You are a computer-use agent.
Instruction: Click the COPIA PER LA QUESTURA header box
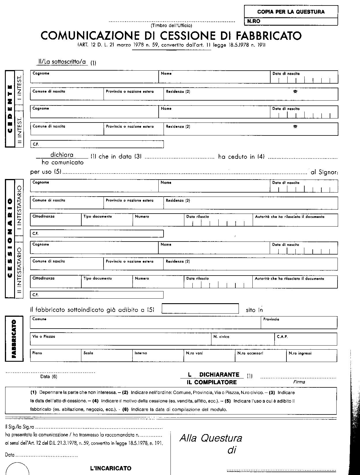pyautogui.click(x=291, y=12)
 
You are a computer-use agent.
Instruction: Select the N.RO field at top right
pyautogui.click(x=291, y=21)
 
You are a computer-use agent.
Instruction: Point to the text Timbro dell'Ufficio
pyautogui.click(x=171, y=26)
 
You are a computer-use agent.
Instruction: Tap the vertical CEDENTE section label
pyautogui.click(x=10, y=109)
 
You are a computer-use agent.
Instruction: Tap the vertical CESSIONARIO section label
pyautogui.click(x=10, y=238)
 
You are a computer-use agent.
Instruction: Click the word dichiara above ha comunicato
pyautogui.click(x=62, y=155)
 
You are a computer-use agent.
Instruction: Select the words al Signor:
pyautogui.click(x=324, y=172)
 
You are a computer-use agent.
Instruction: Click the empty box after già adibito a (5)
pyautogui.click(x=200, y=308)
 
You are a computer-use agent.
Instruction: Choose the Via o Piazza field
pyautogui.click(x=120, y=339)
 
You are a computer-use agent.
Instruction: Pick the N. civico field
pyautogui.click(x=243, y=339)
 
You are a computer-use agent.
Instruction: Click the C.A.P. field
pyautogui.click(x=305, y=339)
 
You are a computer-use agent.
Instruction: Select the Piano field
pyautogui.click(x=56, y=356)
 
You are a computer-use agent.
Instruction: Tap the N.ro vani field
pyautogui.click(x=209, y=356)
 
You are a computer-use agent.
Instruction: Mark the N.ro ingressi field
pyautogui.click(x=312, y=356)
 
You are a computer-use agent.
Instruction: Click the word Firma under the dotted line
pyautogui.click(x=299, y=382)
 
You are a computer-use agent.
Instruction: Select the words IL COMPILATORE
pyautogui.click(x=212, y=382)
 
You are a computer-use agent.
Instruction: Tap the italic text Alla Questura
pyautogui.click(x=211, y=438)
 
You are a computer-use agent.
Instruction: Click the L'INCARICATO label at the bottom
pyautogui.click(x=111, y=468)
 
